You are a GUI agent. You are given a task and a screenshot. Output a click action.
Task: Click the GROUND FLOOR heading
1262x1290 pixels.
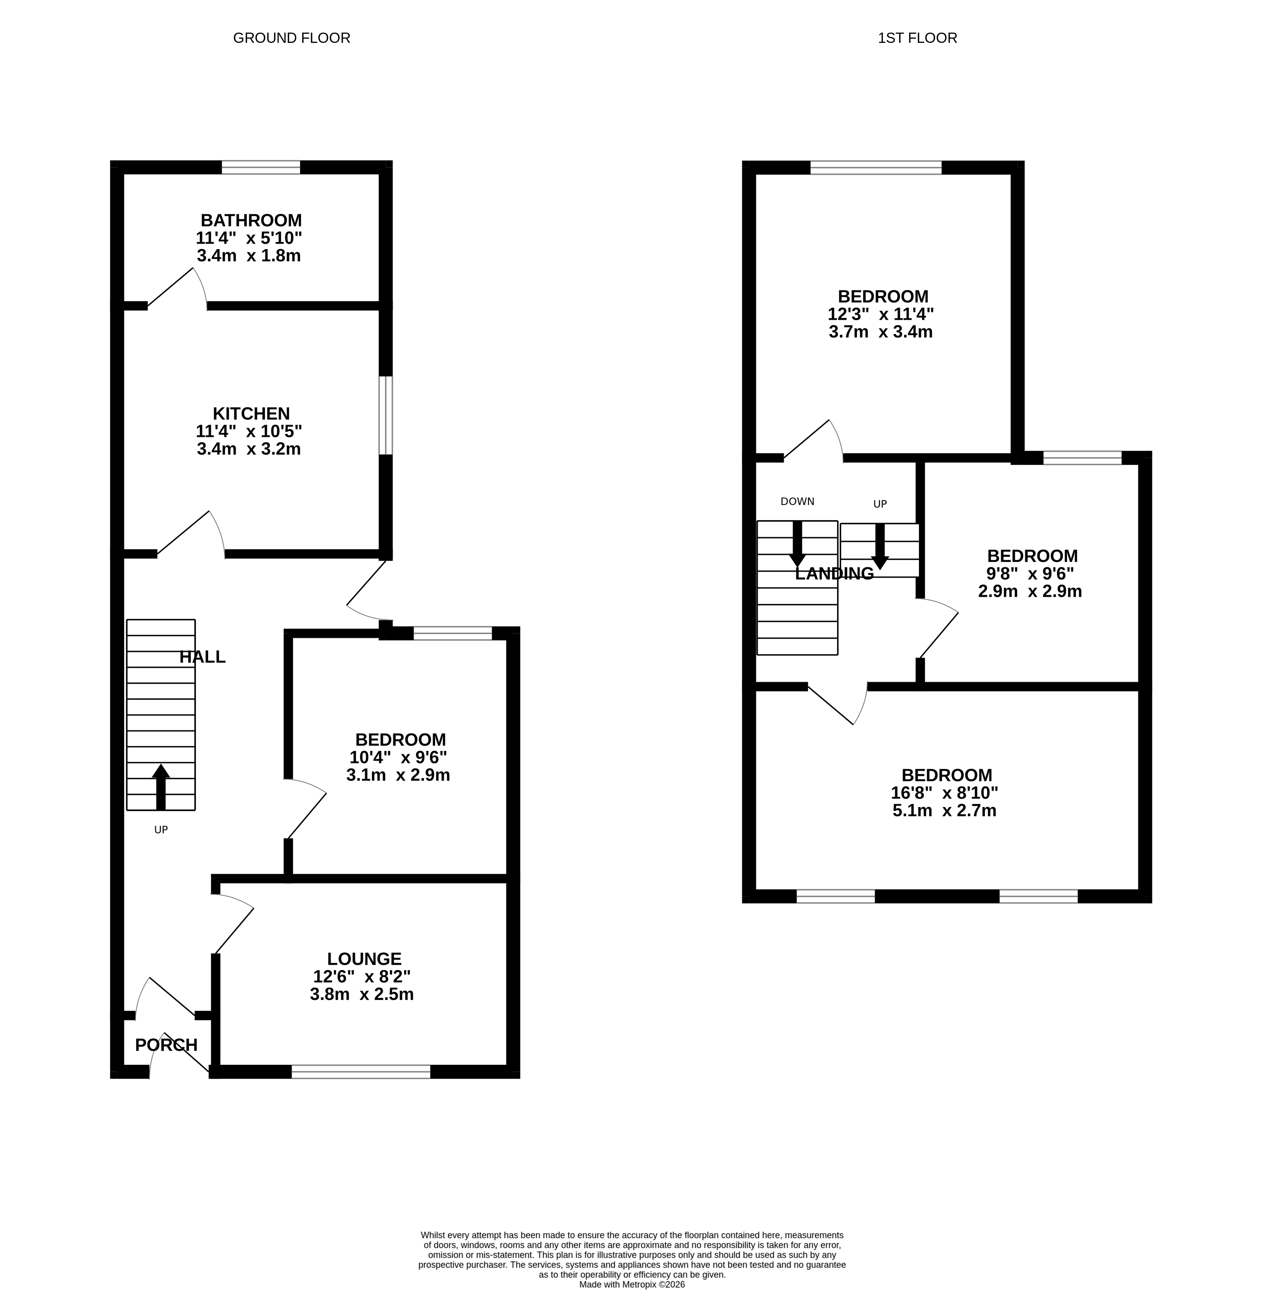tap(292, 38)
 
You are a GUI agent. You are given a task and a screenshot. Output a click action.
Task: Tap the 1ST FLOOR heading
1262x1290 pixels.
tap(917, 38)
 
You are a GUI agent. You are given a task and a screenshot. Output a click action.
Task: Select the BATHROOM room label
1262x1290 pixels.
tap(251, 220)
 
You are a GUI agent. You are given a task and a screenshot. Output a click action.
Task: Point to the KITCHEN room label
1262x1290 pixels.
tap(251, 414)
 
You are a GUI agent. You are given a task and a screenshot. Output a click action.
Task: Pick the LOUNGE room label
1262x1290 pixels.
tap(364, 959)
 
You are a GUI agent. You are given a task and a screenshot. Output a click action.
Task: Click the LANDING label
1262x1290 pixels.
tap(834, 574)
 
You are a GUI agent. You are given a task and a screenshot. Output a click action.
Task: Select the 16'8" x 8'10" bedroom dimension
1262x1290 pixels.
tap(945, 793)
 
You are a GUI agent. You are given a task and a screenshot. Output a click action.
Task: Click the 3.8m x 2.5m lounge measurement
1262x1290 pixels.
tap(362, 994)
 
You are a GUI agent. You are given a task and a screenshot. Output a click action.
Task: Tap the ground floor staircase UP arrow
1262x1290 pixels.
tap(161, 785)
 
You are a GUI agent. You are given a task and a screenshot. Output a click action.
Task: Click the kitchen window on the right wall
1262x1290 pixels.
tap(386, 415)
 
